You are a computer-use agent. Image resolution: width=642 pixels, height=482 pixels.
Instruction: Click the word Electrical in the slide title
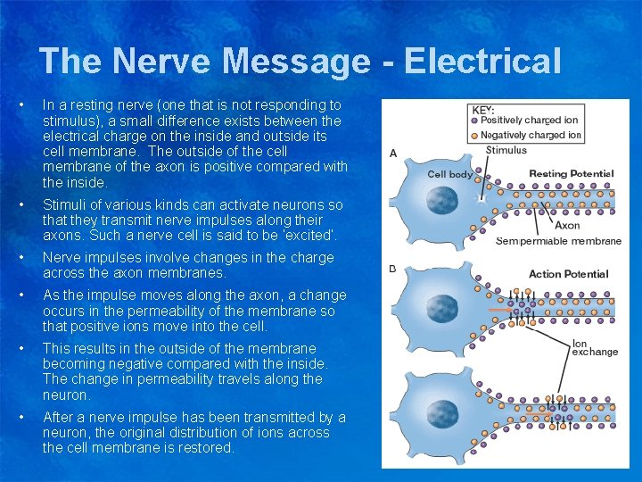482,62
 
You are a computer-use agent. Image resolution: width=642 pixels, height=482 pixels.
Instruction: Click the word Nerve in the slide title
161,62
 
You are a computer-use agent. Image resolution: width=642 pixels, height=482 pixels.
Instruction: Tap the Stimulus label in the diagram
506,150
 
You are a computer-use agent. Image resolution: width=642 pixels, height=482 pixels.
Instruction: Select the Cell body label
449,174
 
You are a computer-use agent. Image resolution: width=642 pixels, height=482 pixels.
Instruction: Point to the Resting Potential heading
572,173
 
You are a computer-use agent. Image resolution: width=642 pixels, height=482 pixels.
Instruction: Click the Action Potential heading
568,274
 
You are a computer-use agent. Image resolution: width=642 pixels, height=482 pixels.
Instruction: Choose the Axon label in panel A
567,226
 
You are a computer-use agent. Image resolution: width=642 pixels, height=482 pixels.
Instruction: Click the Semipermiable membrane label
558,241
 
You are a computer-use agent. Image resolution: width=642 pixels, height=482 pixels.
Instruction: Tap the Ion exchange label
594,347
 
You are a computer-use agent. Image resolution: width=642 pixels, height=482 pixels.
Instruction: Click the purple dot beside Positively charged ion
474,120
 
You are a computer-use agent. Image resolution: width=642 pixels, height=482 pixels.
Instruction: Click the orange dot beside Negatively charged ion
474,135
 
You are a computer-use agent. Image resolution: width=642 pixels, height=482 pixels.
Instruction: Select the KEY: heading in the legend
483,109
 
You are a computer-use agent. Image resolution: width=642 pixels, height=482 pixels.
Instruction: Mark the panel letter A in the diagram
393,154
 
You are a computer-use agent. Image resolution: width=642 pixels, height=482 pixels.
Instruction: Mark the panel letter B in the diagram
393,269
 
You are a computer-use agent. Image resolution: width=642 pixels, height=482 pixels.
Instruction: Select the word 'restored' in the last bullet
205,447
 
